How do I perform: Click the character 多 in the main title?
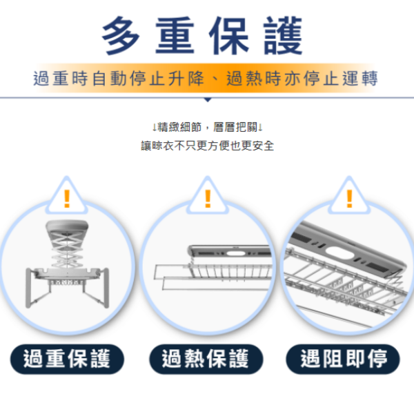coord(121,35)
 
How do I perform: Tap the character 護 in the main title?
coord(283,35)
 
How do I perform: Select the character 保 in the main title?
coord(228,35)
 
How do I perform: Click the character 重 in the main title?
coord(175,35)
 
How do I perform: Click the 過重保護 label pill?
coord(67,359)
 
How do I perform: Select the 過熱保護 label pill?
coord(206,359)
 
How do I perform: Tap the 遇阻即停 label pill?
coord(343,359)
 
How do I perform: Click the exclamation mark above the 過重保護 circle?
coord(67,199)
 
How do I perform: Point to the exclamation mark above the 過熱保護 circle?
coord(208,199)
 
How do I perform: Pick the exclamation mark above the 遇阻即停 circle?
coord(350,199)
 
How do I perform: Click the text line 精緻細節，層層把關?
coord(208,127)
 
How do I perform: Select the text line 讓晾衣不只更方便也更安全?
coord(208,146)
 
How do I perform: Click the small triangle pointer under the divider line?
coord(208,100)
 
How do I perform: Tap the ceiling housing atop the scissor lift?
coord(67,226)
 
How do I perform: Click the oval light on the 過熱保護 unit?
coord(236,254)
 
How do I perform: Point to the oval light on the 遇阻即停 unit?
coord(339,253)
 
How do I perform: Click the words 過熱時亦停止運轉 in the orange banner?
coord(302,79)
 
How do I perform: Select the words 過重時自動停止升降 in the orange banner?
coord(119,79)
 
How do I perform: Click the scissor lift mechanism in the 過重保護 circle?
coord(66,248)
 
